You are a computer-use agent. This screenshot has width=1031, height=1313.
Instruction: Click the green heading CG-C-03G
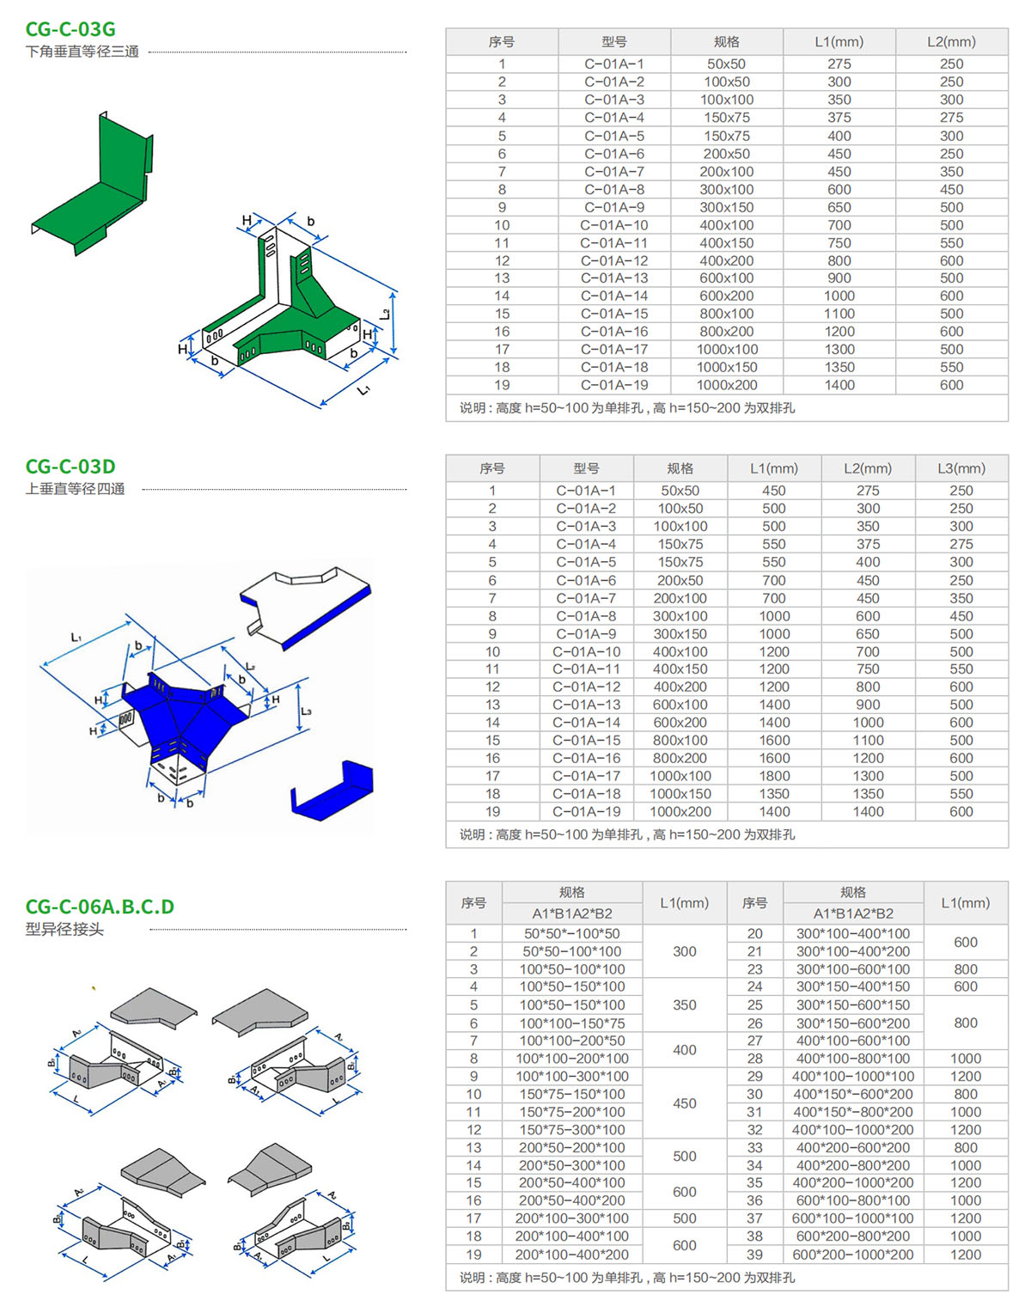tap(70, 29)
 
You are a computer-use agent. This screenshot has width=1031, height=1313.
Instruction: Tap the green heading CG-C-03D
tap(70, 467)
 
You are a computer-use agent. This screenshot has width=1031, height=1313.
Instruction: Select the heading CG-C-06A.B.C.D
tap(100, 907)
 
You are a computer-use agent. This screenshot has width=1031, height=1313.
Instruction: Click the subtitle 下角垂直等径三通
tap(82, 52)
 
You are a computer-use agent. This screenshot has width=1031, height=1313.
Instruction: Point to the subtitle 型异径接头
tap(64, 929)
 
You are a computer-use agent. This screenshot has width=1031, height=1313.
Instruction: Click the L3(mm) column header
tap(961, 468)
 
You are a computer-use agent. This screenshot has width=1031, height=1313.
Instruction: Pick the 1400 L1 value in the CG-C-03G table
tap(839, 385)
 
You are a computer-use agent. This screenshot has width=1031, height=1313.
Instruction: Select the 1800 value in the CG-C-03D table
tap(774, 776)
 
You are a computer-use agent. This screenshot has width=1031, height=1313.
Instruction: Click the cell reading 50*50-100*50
tap(572, 933)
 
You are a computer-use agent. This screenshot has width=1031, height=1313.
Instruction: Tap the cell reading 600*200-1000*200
tap(853, 1255)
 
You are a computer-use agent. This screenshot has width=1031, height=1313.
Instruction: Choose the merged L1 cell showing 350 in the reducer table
tap(685, 1005)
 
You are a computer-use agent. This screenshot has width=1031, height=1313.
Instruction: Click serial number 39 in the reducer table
tap(754, 1255)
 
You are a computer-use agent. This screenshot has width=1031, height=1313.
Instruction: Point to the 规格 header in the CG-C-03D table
tap(680, 468)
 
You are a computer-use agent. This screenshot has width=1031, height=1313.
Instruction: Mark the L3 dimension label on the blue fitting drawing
tap(307, 711)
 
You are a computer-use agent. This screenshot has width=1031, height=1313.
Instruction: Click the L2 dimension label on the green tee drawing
tap(386, 315)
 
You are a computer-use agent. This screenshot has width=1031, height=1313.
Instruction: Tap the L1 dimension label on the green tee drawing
tap(364, 390)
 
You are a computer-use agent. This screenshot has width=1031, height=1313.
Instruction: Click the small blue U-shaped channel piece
tap(332, 791)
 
